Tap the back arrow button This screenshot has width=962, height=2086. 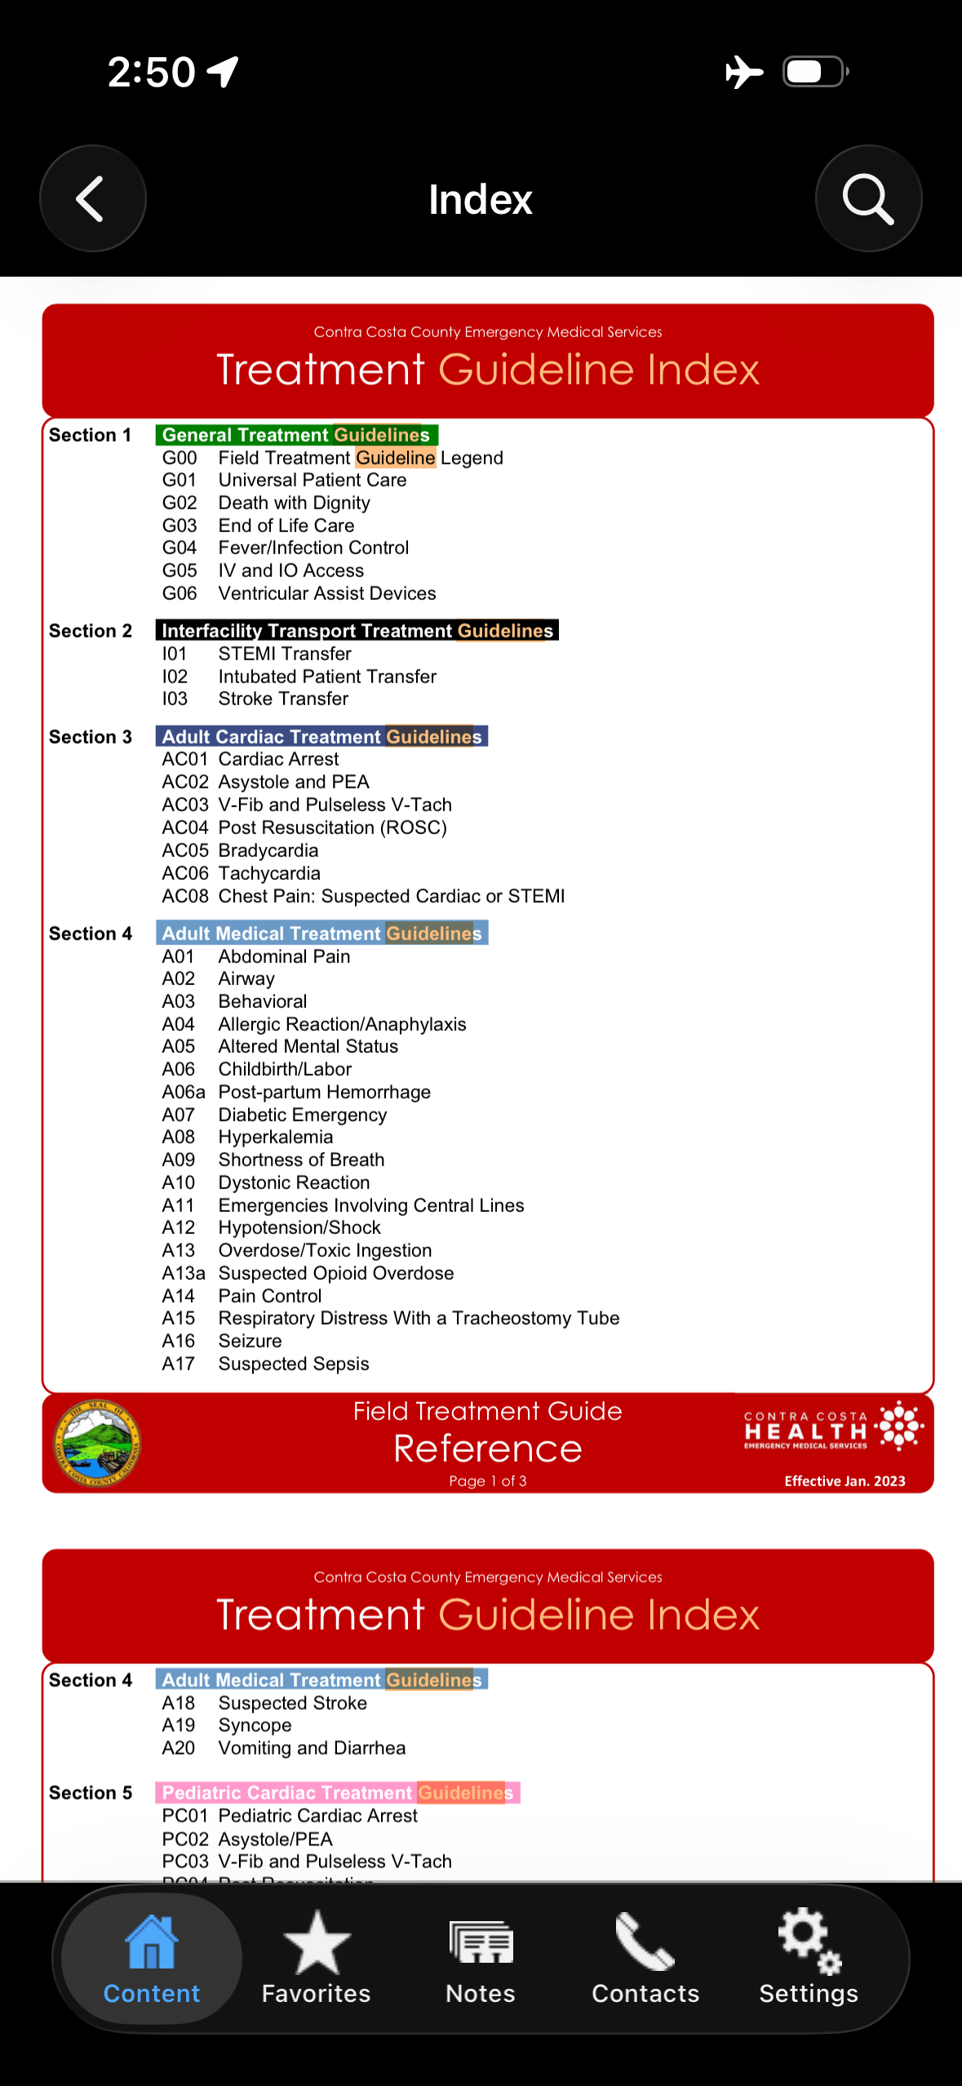coord(92,198)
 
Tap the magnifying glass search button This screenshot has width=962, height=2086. coord(868,198)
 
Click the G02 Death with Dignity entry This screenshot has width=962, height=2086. coord(294,503)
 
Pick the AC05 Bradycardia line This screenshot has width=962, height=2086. coord(268,850)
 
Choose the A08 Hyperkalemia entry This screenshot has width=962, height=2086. coord(275,1137)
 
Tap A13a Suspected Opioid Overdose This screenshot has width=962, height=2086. coord(335,1273)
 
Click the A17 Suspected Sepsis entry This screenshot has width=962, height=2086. coord(293,1364)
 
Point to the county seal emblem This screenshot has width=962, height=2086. coord(97,1444)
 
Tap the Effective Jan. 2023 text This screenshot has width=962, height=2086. coord(845,1481)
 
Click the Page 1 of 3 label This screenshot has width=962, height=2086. coord(487,1481)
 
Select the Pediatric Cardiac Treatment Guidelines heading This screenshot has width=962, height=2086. coord(337,1792)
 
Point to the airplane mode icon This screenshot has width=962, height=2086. coord(743,72)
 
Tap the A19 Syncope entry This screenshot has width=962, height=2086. coord(255,1725)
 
